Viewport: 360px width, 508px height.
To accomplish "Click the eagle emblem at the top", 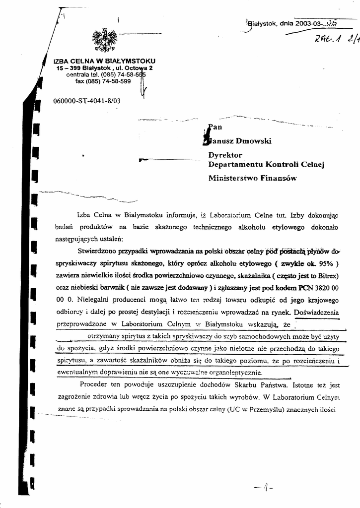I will point(104,40).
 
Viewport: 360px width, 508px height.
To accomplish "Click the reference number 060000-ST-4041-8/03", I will point(86,101).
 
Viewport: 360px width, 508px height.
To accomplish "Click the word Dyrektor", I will point(225,155).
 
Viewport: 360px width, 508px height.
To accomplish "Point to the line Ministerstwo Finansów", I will point(252,178).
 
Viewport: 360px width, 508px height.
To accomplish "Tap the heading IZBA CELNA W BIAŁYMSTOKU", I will point(104,61).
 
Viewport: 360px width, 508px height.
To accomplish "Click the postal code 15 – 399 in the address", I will point(68,67).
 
